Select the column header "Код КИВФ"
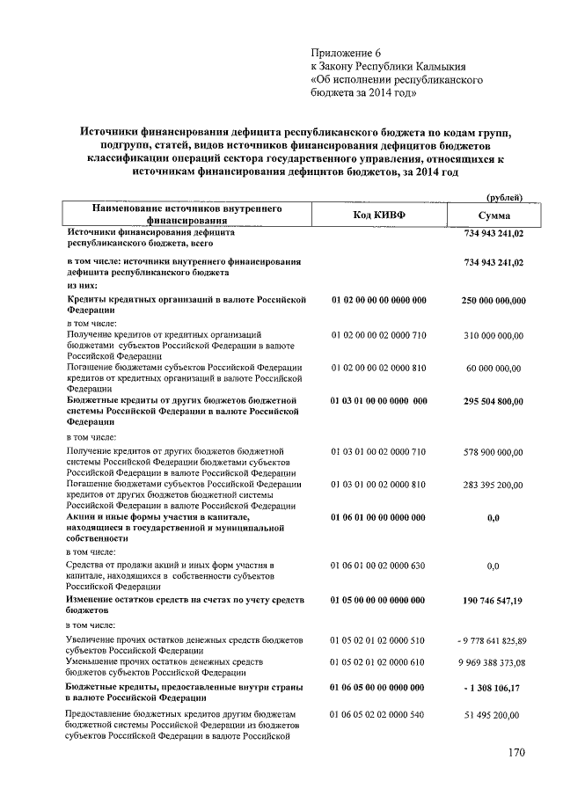click(378, 215)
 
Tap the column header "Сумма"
click(494, 215)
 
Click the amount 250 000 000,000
click(494, 301)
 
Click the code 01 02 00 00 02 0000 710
click(378, 335)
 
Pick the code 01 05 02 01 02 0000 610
click(378, 661)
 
